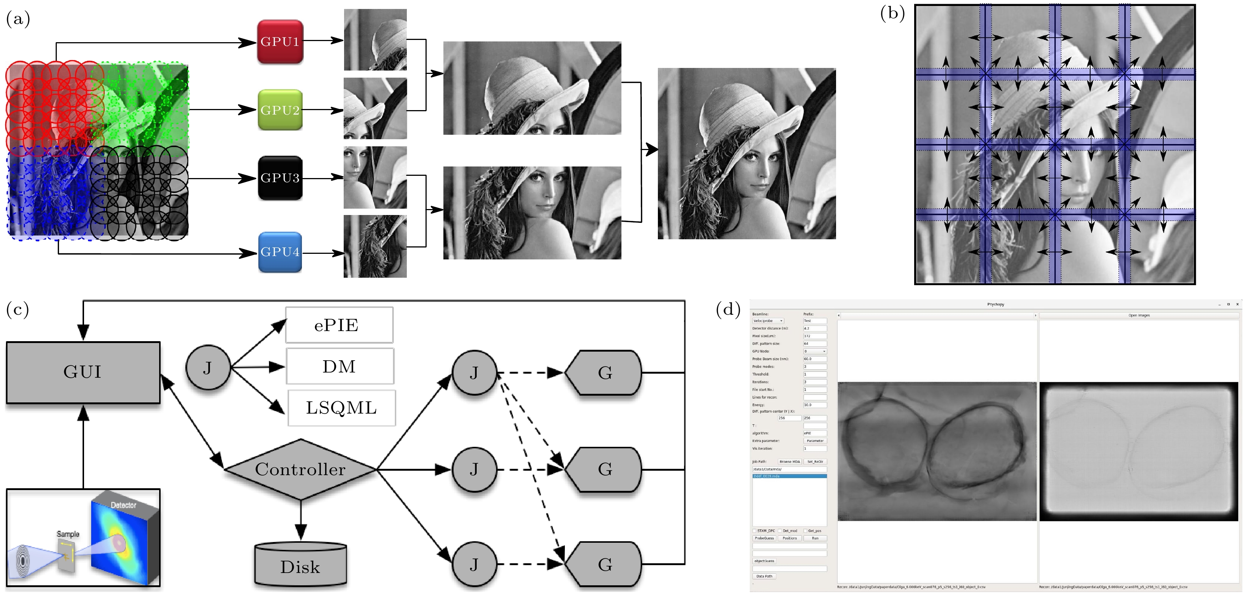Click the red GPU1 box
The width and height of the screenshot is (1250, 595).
pos(280,42)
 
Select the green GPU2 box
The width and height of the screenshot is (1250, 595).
pos(280,110)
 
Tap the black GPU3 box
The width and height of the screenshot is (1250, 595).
pos(280,178)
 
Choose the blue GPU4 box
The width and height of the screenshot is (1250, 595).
pos(280,252)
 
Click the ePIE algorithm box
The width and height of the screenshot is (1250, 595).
pos(339,325)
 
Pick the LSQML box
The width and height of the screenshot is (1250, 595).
pos(341,408)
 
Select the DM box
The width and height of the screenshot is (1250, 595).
pos(340,366)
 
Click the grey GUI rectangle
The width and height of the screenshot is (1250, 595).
pos(83,372)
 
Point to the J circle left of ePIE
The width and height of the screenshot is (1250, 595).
pos(208,368)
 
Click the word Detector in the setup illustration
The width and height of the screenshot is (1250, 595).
pos(123,505)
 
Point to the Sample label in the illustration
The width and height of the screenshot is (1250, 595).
pos(68,534)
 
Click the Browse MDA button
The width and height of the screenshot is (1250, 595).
pos(789,462)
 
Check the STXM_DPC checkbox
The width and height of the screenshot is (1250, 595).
pos(755,531)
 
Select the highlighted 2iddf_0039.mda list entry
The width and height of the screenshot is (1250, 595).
pos(789,476)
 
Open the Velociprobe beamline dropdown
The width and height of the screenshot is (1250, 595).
pos(768,321)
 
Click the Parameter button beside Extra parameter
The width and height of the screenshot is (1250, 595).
pos(815,441)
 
